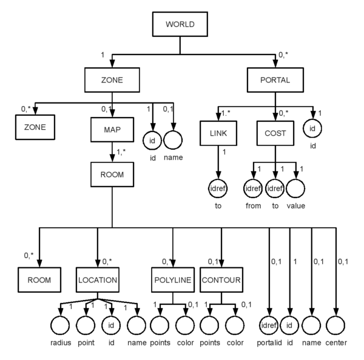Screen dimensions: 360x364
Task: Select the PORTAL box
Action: [275, 79]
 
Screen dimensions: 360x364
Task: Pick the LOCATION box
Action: [97, 281]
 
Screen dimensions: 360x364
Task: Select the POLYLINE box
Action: [172, 281]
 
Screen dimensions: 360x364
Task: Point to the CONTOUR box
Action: [220, 281]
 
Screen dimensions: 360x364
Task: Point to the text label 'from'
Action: [253, 206]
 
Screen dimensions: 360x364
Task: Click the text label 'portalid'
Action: [269, 344]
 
